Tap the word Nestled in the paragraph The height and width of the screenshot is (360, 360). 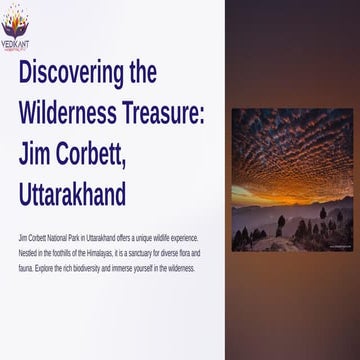(29, 255)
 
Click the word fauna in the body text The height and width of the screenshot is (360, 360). (26, 269)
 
